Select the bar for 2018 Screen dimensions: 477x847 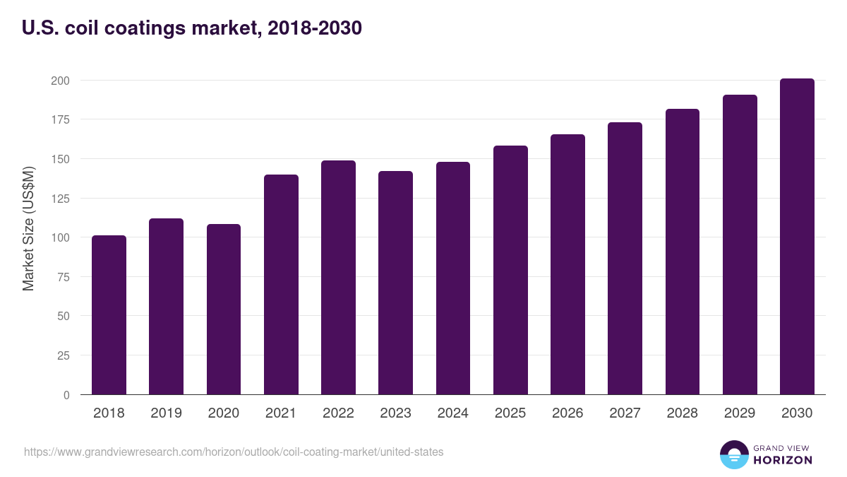[x=109, y=315]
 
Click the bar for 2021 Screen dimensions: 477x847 [x=281, y=285]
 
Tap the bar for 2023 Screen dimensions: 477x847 [x=395, y=283]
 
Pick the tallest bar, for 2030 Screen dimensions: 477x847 [x=797, y=237]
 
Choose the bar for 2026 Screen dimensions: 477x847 [x=567, y=264]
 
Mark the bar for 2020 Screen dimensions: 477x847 [x=223, y=310]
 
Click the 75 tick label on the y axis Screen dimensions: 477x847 [x=63, y=277]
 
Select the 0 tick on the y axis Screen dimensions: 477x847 [x=66, y=395]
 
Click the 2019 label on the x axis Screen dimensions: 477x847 [x=166, y=413]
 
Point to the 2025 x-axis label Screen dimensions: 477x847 [x=510, y=413]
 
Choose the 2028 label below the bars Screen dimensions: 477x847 [x=683, y=413]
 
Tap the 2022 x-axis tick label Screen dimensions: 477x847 [x=338, y=413]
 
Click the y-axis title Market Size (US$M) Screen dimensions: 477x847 [x=28, y=228]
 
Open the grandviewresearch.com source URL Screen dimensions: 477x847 [x=234, y=452]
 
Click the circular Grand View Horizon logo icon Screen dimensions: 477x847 [x=733, y=455]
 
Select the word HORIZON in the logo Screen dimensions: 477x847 [x=782, y=460]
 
